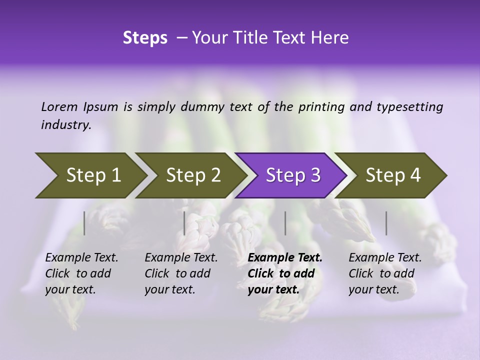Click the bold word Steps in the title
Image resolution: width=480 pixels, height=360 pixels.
[145, 38]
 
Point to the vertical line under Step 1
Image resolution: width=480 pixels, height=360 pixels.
[84, 223]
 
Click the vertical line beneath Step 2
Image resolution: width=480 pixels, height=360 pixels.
[184, 223]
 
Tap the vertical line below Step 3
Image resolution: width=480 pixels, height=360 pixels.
[285, 223]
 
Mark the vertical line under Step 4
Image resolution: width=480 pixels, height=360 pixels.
[386, 223]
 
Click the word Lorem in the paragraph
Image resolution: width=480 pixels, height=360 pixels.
[59, 107]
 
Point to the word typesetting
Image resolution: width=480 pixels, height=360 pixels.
[409, 107]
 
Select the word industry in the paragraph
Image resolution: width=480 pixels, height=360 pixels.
[65, 125]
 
